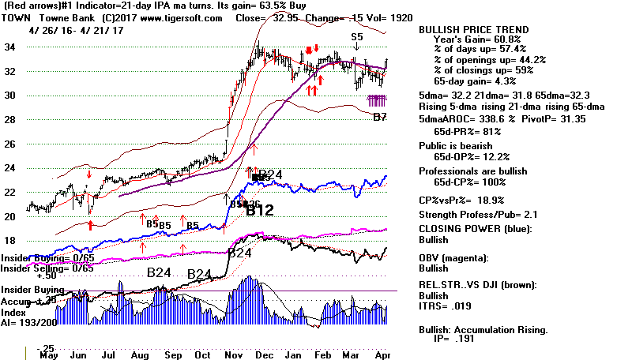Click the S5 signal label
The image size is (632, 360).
pyautogui.click(x=357, y=36)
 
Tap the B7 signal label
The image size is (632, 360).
pyautogui.click(x=379, y=117)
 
